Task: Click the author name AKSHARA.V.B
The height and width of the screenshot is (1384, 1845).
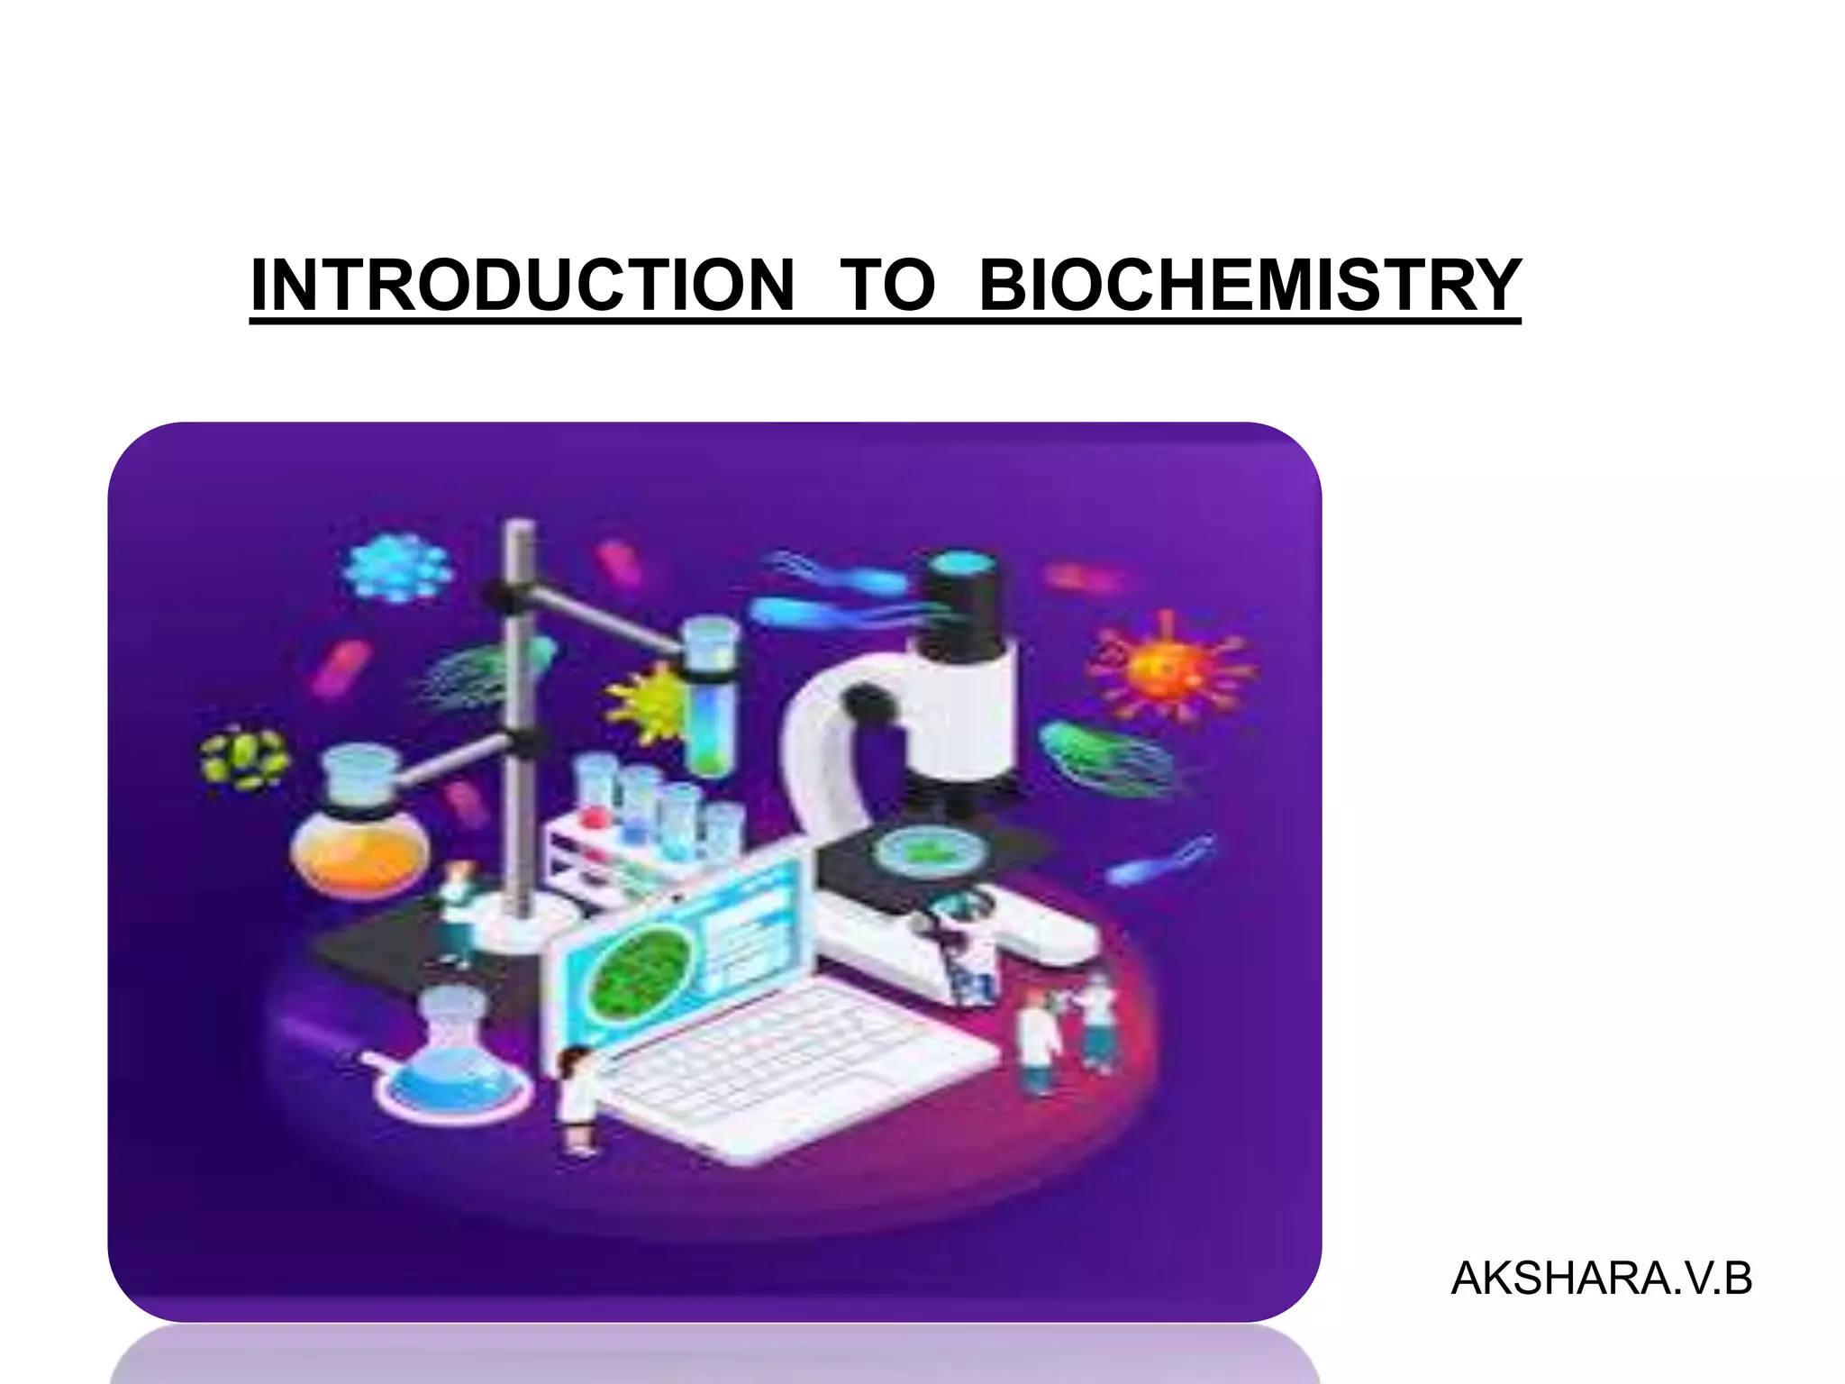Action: [1601, 1279]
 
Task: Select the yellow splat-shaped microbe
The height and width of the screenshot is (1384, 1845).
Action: [650, 702]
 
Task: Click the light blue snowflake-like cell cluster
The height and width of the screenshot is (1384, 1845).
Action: [397, 568]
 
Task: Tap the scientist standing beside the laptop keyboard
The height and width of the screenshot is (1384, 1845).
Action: [575, 1099]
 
